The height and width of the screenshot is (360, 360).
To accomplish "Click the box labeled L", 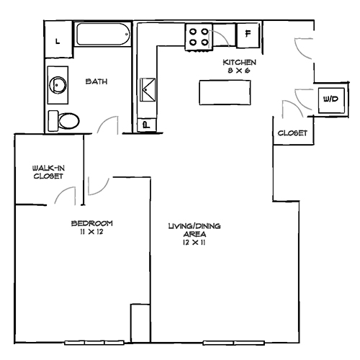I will click(x=58, y=40).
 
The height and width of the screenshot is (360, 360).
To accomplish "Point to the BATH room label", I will click(x=96, y=81).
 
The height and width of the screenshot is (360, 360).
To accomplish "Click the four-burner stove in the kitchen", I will click(x=198, y=36).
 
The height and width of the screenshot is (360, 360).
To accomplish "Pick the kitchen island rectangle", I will click(x=224, y=92).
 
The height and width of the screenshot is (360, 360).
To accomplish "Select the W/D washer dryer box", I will click(x=330, y=98).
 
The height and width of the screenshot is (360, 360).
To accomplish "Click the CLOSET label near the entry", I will click(x=292, y=133).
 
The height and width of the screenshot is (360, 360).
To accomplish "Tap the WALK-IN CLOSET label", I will click(x=48, y=172).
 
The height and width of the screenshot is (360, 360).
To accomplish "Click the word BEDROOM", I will click(x=91, y=222).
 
